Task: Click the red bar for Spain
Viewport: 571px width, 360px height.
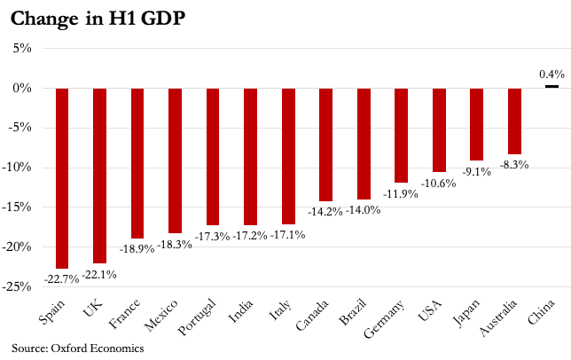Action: [x=62, y=177]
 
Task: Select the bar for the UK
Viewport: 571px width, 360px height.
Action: [x=99, y=176]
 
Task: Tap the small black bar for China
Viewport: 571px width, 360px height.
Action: [x=551, y=86]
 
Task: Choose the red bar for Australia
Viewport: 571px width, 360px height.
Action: [x=514, y=121]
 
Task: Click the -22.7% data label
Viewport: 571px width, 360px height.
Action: [x=59, y=278]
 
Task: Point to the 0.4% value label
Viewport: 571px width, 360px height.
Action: [x=551, y=74]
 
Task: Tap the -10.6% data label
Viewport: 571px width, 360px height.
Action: [x=438, y=184]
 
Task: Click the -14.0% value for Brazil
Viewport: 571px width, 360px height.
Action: [x=363, y=211]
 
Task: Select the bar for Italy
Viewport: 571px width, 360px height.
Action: [x=288, y=155]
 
